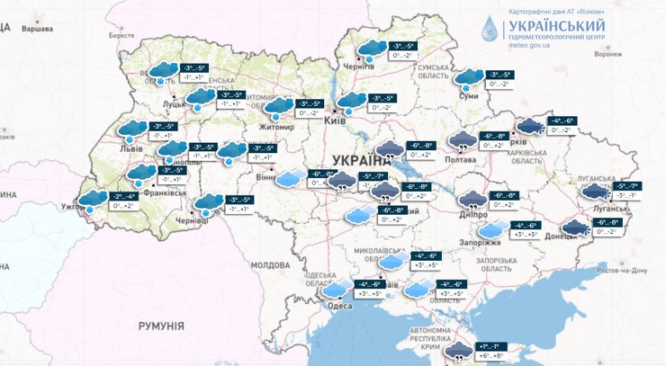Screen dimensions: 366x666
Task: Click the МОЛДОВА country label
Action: pyautogui.click(x=270, y=266)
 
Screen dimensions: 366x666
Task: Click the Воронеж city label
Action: pyautogui.click(x=634, y=54)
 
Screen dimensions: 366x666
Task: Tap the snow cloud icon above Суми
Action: pyautogui.click(x=468, y=79)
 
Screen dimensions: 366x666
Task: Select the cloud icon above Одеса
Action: pyautogui.click(x=337, y=288)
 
